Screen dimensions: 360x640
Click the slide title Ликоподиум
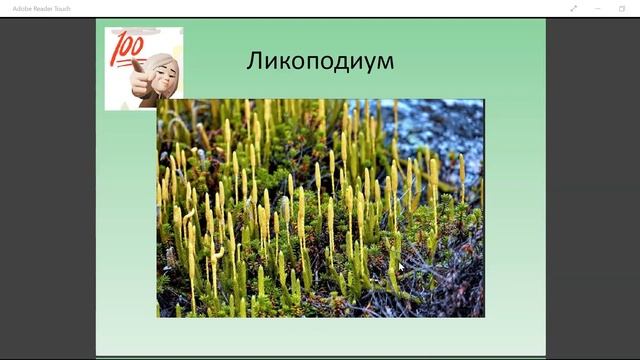pyautogui.click(x=320, y=60)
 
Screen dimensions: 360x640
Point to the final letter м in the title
pyautogui.click(x=385, y=61)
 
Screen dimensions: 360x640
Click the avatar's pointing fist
pyautogui.click(x=139, y=70)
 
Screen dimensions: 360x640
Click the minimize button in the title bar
pyautogui.click(x=597, y=8)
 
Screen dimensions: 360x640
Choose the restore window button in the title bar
pyautogui.click(x=621, y=8)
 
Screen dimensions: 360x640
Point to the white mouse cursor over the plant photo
pyautogui.click(x=401, y=268)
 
